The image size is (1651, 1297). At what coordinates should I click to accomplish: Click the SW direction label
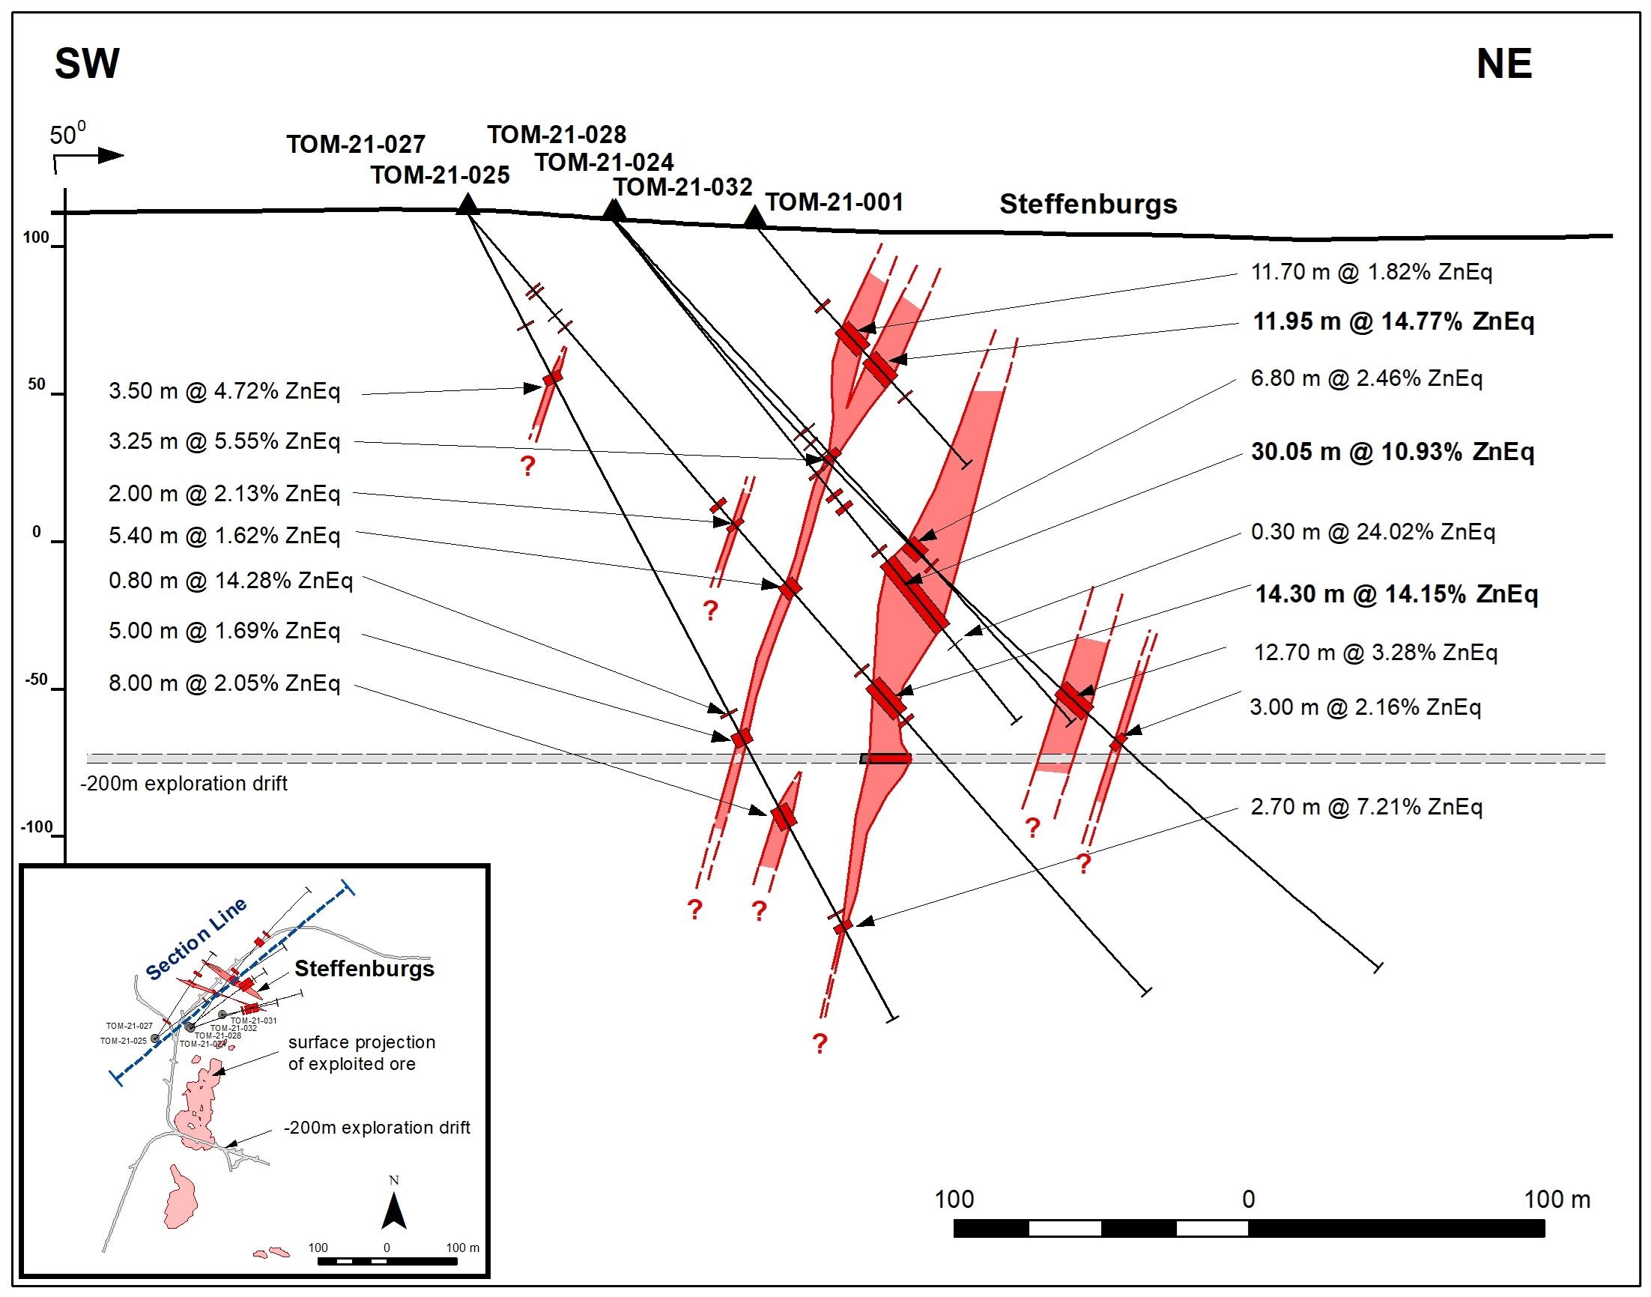click(87, 64)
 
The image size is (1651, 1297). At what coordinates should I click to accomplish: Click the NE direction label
click(1503, 64)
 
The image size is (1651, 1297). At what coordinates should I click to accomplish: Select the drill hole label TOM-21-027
click(356, 145)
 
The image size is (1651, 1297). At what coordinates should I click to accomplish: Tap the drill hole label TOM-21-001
click(834, 202)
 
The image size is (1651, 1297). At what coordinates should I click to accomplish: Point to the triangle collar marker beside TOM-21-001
click(754, 218)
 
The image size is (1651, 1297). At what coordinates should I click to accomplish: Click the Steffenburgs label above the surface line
click(1088, 205)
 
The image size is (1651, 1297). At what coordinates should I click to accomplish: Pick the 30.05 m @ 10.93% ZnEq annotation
click(1392, 452)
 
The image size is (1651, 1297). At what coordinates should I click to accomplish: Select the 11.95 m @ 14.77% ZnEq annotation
click(1393, 322)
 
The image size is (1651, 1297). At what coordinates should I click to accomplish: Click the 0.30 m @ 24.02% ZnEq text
click(1372, 531)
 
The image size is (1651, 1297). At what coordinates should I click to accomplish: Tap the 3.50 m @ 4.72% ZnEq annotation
click(224, 391)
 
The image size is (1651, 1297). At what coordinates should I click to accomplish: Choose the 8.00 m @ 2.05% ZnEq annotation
click(224, 683)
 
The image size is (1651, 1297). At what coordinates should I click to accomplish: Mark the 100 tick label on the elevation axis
click(36, 238)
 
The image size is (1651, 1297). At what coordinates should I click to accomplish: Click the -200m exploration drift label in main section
click(184, 784)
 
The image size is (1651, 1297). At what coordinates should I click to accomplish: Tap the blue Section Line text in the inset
click(196, 939)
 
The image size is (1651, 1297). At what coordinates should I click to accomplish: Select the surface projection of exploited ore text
click(361, 1053)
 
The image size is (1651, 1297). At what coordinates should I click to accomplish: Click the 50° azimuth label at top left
click(68, 136)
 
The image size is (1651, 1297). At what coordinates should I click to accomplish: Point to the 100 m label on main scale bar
click(1557, 1199)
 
